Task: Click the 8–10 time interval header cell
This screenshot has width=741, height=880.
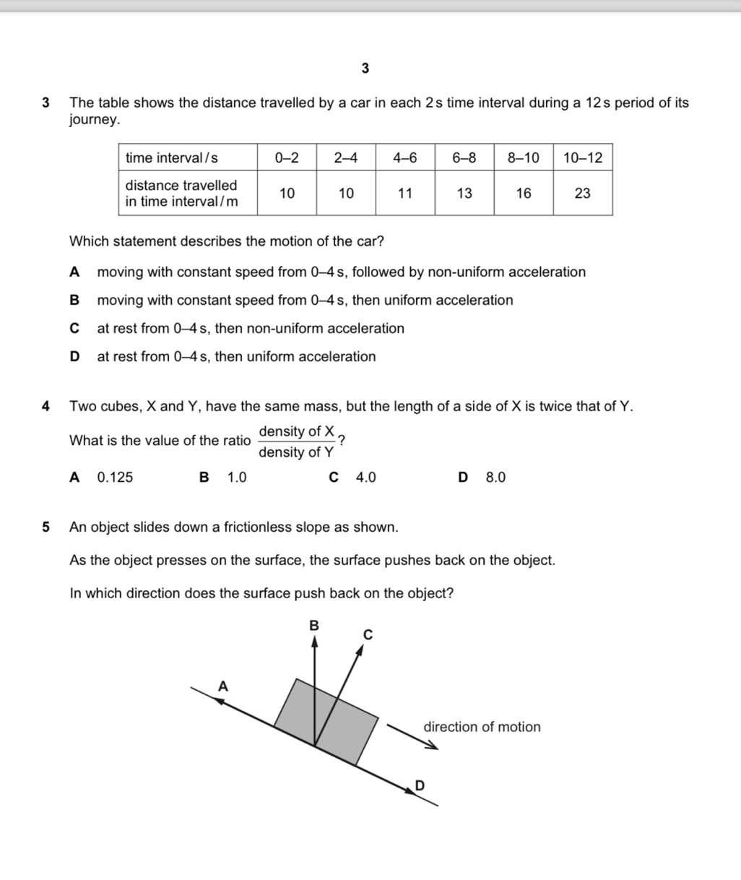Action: pos(523,158)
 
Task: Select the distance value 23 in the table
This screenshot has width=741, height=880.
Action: pos(582,193)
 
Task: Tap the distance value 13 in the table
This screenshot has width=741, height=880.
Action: pos(464,193)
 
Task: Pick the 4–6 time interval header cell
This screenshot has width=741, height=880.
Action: pos(404,158)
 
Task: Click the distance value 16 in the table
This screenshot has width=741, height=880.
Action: pos(523,193)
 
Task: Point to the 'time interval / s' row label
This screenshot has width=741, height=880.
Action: pos(172,158)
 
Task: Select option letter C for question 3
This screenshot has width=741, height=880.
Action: pos(74,329)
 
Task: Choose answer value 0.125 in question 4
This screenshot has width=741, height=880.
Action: pos(115,478)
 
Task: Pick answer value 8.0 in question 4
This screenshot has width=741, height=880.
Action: pos(495,478)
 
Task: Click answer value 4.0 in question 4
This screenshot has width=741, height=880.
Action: pos(365,478)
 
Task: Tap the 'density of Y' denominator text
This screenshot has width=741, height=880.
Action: pos(296,453)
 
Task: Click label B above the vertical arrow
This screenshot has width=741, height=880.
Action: pos(313,625)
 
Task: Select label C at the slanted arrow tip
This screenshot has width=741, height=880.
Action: pos(367,635)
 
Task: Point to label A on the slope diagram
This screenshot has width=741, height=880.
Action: pos(223,686)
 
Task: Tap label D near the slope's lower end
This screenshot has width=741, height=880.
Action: pos(420,785)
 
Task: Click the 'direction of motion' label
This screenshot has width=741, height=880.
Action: pos(482,728)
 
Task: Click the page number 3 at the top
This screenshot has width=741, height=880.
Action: pos(365,69)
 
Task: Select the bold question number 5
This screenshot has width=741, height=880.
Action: pos(46,527)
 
